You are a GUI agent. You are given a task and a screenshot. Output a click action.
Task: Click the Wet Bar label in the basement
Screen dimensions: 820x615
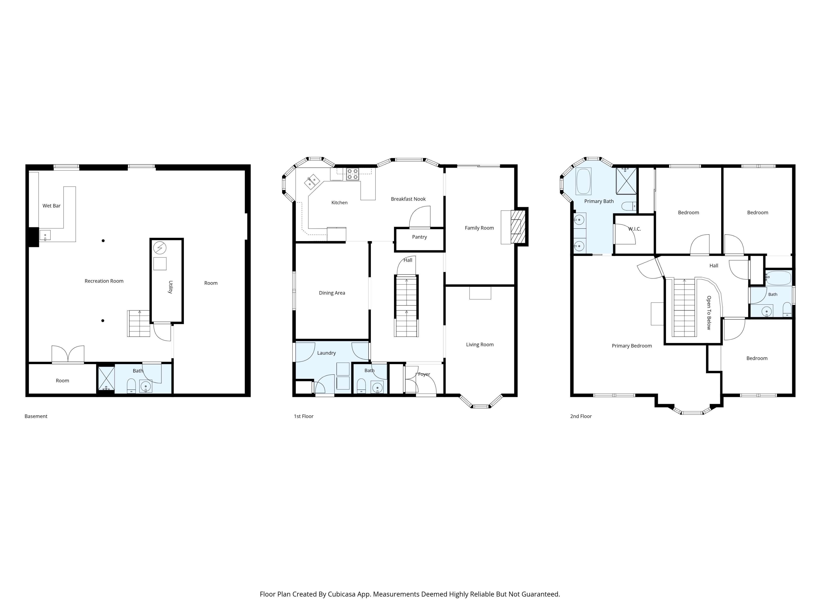(51, 206)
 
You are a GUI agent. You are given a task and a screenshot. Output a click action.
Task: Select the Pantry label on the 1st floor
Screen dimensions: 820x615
(419, 237)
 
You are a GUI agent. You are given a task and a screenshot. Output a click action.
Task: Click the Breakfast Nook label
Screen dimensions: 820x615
(408, 199)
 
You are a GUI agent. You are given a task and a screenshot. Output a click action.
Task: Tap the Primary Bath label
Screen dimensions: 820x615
(599, 201)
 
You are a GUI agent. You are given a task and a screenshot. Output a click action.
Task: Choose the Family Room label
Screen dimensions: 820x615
(479, 228)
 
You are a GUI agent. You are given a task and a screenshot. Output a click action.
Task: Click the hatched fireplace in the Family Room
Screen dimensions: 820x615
(518, 227)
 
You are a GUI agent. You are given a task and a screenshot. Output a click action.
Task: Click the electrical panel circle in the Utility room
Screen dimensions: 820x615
(160, 248)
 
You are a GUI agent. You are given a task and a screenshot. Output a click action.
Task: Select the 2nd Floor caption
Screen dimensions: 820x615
(581, 416)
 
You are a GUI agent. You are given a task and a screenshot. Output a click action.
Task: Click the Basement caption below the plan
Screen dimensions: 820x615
(36, 416)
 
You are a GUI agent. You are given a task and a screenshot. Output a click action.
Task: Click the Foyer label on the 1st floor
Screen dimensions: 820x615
(424, 374)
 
